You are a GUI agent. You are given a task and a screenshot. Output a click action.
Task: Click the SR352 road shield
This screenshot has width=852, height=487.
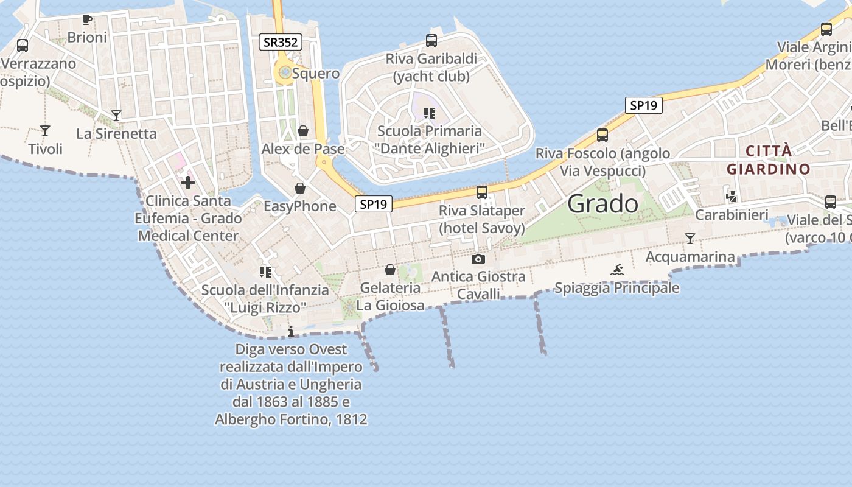281,42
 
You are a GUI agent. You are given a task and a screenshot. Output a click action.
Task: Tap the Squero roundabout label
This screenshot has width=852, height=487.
315,74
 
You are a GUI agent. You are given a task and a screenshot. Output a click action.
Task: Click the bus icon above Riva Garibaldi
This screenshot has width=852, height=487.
431,41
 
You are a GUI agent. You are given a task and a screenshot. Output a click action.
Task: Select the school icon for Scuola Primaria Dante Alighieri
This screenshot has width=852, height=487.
430,113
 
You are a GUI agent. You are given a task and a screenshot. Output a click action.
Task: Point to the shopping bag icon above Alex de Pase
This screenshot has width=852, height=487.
303,131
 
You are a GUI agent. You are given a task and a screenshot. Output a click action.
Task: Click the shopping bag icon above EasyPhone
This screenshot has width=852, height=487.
299,188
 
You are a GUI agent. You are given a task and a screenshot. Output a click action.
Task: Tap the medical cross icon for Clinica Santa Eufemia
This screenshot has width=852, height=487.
188,182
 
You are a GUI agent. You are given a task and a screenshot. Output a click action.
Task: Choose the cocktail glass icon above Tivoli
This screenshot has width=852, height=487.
45,130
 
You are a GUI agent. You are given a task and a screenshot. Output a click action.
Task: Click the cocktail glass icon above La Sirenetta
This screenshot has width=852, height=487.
116,115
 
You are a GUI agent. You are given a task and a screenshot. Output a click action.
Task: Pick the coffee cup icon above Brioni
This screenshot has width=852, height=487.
87,19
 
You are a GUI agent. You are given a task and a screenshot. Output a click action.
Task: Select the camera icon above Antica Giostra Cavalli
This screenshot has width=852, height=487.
478,259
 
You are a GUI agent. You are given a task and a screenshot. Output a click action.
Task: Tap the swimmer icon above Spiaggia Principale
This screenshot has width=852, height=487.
617,270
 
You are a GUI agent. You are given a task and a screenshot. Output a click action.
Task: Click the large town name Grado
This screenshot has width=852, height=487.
602,204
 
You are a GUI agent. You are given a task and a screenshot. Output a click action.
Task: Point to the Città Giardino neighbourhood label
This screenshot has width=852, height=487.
769,160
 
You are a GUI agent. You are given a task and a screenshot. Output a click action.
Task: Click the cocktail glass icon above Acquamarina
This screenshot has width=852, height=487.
690,239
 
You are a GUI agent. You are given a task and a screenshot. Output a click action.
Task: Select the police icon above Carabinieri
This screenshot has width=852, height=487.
732,196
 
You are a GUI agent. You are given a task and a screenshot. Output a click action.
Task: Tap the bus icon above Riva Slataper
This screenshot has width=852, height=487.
482,192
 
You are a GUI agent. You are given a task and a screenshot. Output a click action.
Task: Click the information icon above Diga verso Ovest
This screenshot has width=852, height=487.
291,331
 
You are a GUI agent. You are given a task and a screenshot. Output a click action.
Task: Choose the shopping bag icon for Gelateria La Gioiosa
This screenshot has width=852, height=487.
390,269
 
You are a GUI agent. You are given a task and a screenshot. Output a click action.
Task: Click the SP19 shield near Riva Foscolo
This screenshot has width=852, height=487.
644,105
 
